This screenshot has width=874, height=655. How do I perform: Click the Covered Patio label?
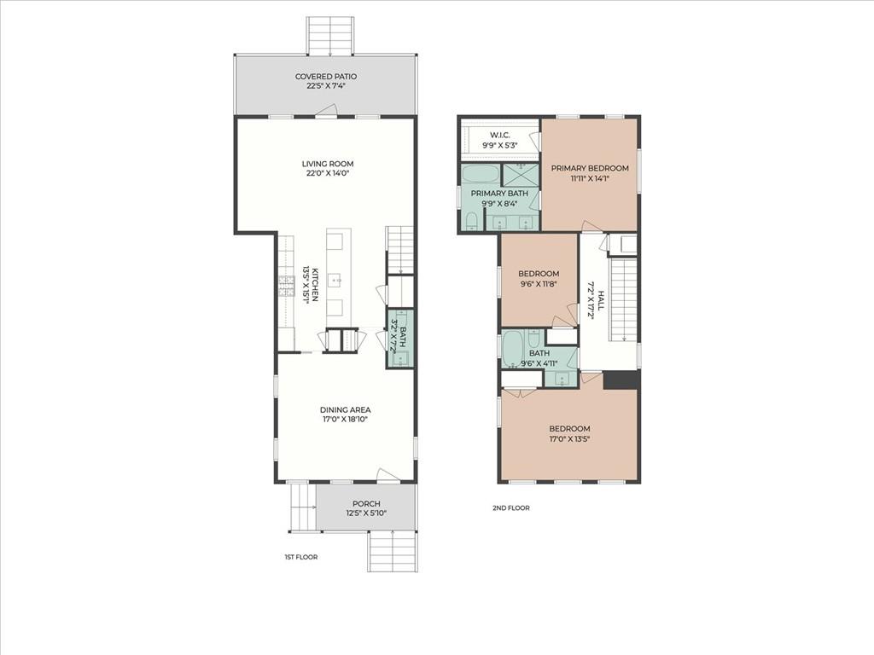coord(326,76)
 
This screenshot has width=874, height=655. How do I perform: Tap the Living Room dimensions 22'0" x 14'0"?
coord(328,173)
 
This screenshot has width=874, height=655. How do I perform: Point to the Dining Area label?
coord(345,410)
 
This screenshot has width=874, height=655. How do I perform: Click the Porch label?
coord(366,503)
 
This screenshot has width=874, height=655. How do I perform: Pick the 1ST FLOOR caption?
coord(301,557)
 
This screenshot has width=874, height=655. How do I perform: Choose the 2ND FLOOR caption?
coord(511,508)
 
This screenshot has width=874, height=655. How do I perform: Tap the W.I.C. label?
coord(500,136)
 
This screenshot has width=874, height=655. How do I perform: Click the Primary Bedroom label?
coord(590,168)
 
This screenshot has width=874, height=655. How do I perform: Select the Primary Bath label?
coord(499,194)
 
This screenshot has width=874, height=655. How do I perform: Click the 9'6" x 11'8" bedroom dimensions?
coord(539,283)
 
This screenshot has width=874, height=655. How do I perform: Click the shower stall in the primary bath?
coord(521,175)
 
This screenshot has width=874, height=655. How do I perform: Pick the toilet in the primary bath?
coord(471,221)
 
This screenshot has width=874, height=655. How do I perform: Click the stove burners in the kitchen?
coord(286,286)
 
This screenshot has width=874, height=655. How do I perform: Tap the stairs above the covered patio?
coord(330,36)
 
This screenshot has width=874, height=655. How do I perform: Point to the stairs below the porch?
coord(393,551)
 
